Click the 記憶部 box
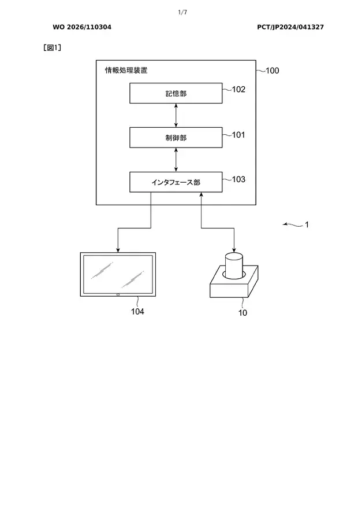(x=176, y=93)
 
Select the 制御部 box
(x=176, y=138)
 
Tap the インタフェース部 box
(x=176, y=182)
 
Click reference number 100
(x=272, y=71)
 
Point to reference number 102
(x=238, y=89)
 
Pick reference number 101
(x=238, y=135)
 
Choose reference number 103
(x=238, y=179)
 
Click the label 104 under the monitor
(x=137, y=312)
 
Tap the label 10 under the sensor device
(x=242, y=313)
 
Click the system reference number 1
(x=307, y=224)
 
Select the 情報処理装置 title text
(x=126, y=71)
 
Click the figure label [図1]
(x=53, y=48)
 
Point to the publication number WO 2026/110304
(x=82, y=27)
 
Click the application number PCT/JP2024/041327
(x=290, y=27)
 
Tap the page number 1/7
(x=182, y=12)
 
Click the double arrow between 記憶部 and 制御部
(x=176, y=116)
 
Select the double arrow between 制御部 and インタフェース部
(x=176, y=160)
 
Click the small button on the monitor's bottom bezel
(x=118, y=295)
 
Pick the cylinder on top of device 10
(x=234, y=265)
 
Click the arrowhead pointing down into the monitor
(x=118, y=250)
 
